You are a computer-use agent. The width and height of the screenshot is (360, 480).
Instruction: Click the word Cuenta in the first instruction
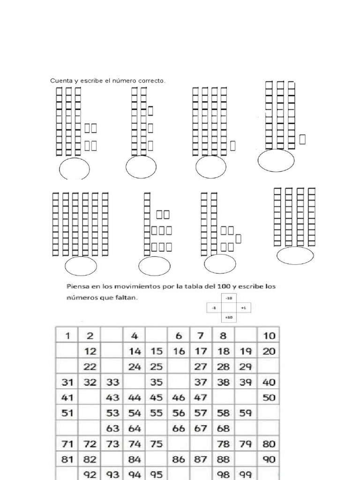tap(59, 81)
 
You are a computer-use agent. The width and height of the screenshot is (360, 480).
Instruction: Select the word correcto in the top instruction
tap(151, 81)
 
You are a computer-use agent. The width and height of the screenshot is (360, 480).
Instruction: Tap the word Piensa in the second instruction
tap(77, 286)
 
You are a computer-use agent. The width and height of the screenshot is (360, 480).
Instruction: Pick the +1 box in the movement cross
tap(243, 308)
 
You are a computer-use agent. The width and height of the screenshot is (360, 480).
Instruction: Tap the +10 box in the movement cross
tap(229, 318)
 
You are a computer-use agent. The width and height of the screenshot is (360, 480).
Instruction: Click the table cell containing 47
tap(201, 397)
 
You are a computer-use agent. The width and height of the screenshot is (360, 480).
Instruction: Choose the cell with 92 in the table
tap(89, 474)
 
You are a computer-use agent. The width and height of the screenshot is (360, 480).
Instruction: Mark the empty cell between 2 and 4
tap(112, 336)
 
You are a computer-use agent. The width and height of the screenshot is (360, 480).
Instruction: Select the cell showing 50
tap(269, 397)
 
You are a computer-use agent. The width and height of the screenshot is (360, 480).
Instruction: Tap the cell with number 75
tap(156, 443)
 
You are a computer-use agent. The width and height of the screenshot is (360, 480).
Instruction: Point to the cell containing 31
tap(67, 382)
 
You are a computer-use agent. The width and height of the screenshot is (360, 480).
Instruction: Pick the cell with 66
tap(179, 428)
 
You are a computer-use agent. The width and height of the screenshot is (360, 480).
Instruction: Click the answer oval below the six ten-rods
tap(81, 266)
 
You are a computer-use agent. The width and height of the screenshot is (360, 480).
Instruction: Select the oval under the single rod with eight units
tap(155, 265)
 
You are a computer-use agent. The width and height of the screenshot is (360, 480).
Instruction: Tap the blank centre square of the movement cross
tap(229, 308)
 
